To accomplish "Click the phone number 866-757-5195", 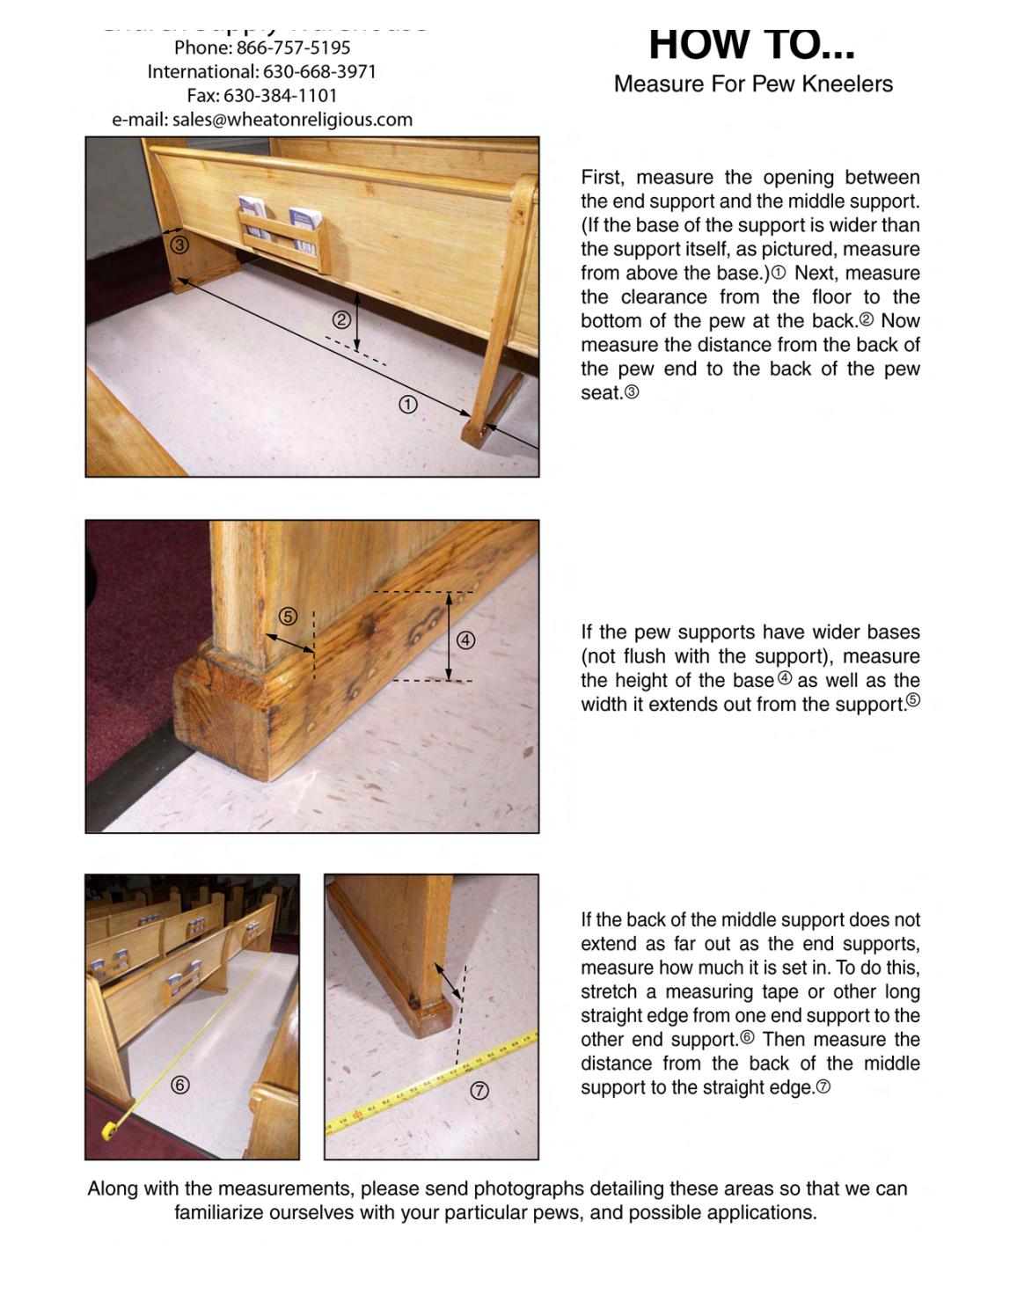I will [x=293, y=48].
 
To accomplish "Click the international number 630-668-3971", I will [x=319, y=72].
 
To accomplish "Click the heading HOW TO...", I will [x=751, y=45].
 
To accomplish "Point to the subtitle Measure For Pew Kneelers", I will [x=753, y=84].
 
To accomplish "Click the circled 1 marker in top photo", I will [x=408, y=405].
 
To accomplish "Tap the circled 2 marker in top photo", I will [x=341, y=321].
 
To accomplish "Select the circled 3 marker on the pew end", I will [x=179, y=245].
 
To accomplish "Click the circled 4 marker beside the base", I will [x=466, y=640].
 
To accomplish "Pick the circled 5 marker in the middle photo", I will [x=288, y=617].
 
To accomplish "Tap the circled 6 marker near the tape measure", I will [x=179, y=1085].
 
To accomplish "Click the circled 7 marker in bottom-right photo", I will [x=479, y=1091].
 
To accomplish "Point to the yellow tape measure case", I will [x=110, y=1130].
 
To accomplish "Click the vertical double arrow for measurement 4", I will [x=449, y=637].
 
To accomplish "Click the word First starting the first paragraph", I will [x=602, y=178].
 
